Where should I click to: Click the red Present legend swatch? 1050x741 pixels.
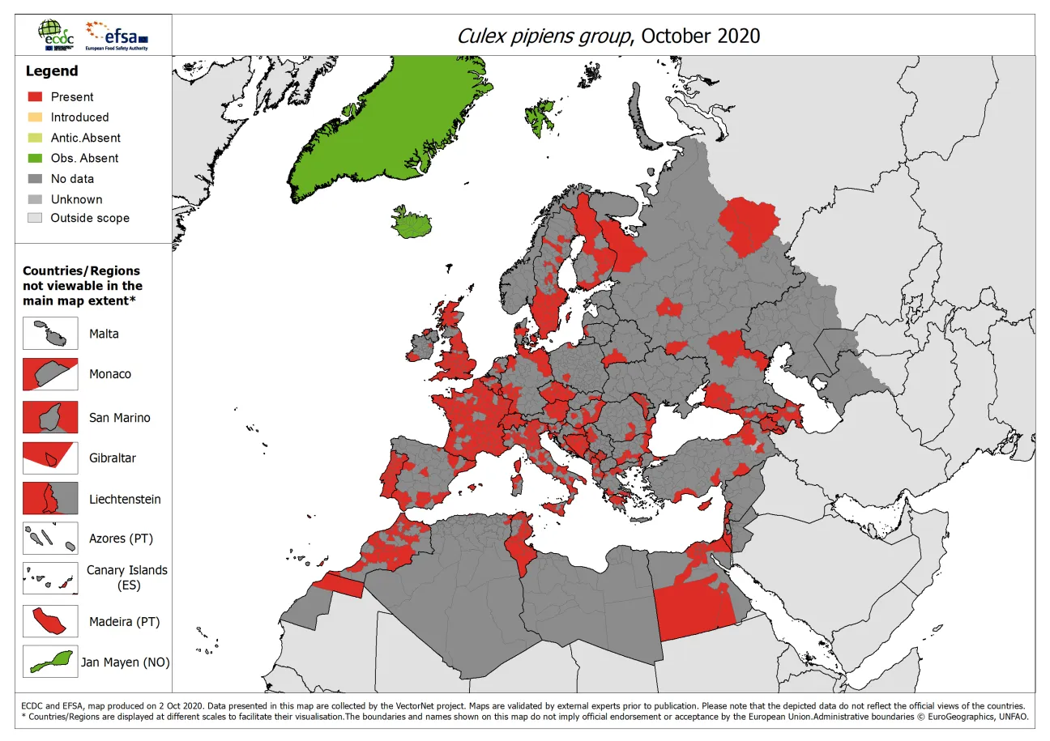tap(35, 96)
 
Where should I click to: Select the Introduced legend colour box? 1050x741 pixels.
tap(35, 117)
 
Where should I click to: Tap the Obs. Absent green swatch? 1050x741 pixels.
tap(35, 158)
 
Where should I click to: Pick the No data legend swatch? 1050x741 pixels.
tap(35, 179)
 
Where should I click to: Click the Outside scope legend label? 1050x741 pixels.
tap(89, 218)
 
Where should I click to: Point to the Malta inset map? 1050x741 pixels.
tap(50, 334)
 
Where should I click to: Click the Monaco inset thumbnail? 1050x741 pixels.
tap(50, 374)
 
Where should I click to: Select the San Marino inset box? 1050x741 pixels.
tap(50, 417)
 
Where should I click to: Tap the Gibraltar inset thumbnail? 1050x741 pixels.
tap(50, 458)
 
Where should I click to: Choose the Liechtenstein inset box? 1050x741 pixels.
tap(50, 498)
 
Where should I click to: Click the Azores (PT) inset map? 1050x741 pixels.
tap(50, 538)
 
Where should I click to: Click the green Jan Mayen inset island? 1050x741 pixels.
tap(50, 661)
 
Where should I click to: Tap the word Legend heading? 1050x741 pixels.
tap(52, 71)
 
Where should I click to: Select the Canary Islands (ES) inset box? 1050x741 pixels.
tap(50, 579)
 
